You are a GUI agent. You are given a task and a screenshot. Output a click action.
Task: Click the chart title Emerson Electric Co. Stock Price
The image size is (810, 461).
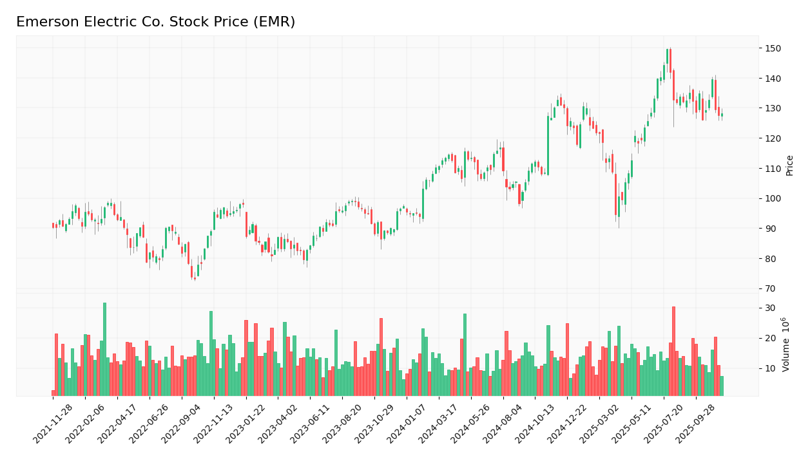pyautogui.click(x=155, y=22)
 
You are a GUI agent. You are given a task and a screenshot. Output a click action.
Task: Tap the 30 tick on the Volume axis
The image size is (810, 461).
pyautogui.click(x=770, y=308)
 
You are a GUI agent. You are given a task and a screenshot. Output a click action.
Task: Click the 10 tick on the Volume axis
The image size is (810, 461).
pyautogui.click(x=770, y=368)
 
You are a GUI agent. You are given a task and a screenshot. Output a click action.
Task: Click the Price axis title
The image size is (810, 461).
pyautogui.click(x=789, y=165)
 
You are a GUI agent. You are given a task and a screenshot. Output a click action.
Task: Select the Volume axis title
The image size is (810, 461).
pyautogui.click(x=786, y=344)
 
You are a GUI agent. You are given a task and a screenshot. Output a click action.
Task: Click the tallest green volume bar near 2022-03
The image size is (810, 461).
pyautogui.click(x=104, y=349)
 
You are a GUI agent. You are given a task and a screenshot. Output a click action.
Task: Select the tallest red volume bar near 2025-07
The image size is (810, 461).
pyautogui.click(x=673, y=351)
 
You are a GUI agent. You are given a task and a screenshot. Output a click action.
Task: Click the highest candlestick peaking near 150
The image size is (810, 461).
pyautogui.click(x=667, y=58)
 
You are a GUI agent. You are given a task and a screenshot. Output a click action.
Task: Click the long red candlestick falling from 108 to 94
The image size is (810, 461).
pyautogui.click(x=615, y=194)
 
